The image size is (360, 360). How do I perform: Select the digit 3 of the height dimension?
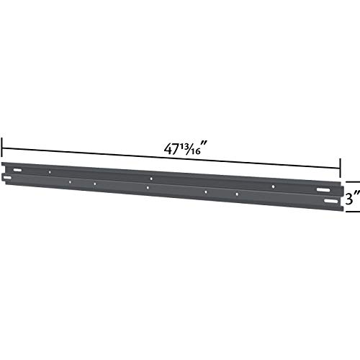click(x=349, y=197)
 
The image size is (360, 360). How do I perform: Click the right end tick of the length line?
click(x=340, y=168)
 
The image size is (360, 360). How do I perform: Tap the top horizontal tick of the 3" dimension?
click(x=351, y=181)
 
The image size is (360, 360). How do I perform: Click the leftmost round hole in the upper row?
click(x=48, y=173)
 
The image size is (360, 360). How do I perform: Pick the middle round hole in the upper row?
click(x=151, y=179)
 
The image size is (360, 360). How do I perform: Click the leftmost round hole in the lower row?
click(x=69, y=181)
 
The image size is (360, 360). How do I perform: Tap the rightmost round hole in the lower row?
click(x=237, y=194)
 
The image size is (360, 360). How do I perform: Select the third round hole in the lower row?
click(x=147, y=188)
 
